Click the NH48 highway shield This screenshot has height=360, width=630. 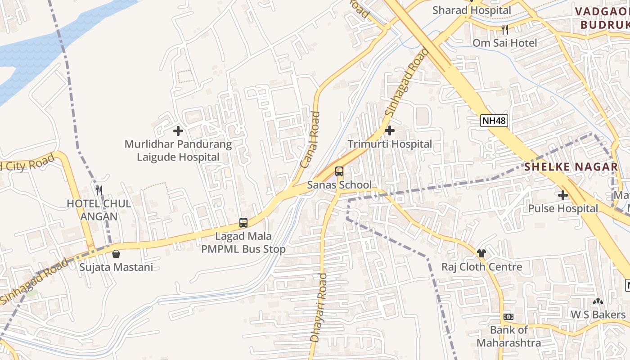494,121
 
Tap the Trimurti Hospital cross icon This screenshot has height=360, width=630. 390,131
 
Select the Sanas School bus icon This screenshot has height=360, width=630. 339,171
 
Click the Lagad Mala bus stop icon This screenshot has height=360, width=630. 243,222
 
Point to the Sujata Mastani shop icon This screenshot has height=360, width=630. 116,254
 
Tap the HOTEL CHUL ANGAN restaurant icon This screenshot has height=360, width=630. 99,190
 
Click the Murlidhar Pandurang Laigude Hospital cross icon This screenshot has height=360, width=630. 178,131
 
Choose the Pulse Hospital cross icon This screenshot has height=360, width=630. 562,195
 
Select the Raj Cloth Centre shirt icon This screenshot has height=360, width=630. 481,253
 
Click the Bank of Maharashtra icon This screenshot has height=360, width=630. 508,317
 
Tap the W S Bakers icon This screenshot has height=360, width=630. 598,301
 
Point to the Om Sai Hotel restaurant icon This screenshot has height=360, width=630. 505,30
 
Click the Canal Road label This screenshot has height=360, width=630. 310,139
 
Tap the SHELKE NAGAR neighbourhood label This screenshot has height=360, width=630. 571,167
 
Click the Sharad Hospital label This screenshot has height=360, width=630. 472,10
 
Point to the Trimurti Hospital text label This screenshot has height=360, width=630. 390,144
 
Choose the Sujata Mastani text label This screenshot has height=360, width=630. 116,267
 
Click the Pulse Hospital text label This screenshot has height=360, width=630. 563,208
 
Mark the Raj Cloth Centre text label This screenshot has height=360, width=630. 481,266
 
